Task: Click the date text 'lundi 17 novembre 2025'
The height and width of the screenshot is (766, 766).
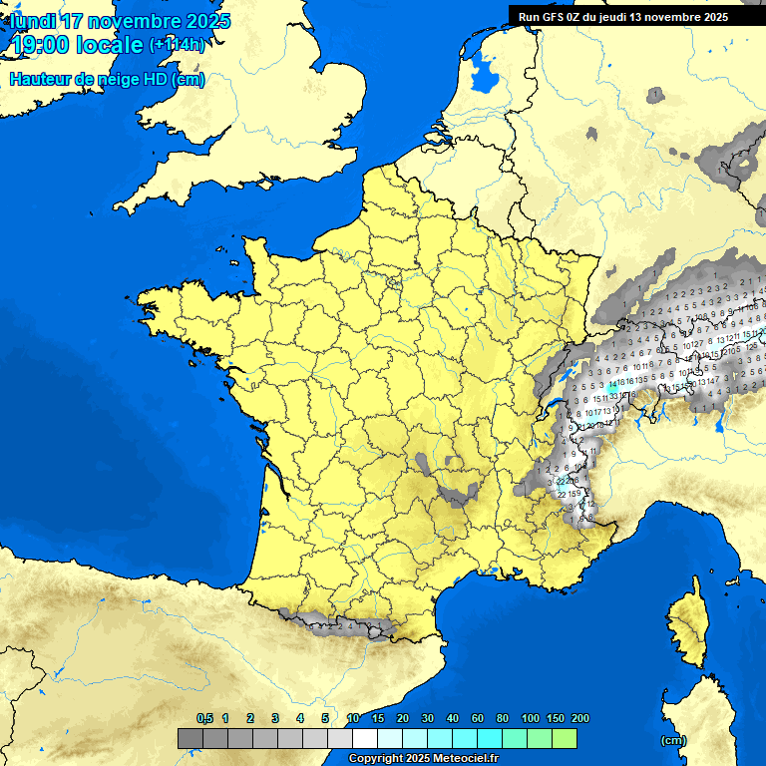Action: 120,21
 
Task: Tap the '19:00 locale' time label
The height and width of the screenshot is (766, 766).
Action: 76,45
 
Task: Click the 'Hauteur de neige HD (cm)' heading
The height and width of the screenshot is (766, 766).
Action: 107,79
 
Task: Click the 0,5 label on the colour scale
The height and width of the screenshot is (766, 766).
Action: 204,718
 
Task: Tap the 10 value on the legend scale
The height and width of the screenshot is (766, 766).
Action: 353,718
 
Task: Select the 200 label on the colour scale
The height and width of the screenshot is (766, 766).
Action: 579,718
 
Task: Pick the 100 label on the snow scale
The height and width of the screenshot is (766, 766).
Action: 530,718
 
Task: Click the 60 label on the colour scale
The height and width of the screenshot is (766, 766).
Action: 478,718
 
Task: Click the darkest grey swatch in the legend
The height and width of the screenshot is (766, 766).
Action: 191,739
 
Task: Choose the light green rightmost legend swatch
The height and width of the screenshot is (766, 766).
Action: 565,739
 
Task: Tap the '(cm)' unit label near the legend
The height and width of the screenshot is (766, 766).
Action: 674,740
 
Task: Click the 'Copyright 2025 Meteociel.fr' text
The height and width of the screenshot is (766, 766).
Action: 423,758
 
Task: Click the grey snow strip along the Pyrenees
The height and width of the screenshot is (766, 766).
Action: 339,626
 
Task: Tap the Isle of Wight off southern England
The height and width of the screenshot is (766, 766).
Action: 268,183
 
